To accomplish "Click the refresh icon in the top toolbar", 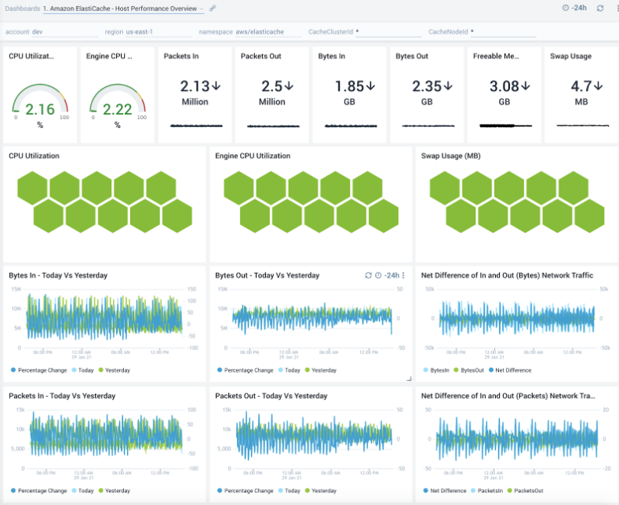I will [600, 8].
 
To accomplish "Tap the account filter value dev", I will [38, 32].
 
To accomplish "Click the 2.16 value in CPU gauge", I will [40, 109].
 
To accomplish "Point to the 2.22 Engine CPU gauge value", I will [118, 109].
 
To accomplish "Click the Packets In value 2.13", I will [195, 86].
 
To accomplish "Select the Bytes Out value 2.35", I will [427, 86].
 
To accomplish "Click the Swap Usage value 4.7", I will [581, 86].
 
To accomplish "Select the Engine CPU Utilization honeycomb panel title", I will [253, 156].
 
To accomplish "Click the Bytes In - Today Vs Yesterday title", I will [58, 276].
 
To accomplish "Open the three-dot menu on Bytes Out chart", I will [403, 276].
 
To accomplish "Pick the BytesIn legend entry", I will [439, 370].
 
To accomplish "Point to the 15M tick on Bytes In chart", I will [16, 289].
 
